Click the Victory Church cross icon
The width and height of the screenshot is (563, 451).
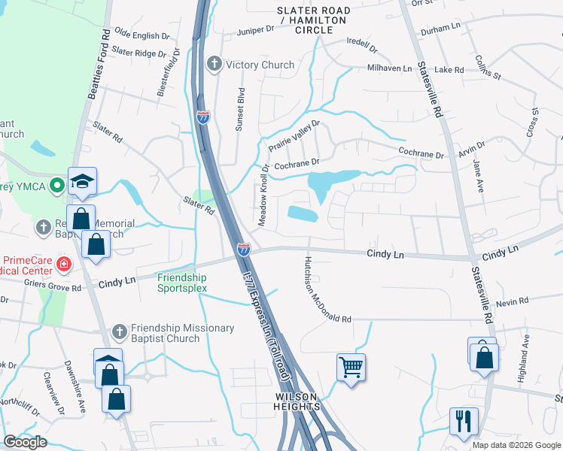pyautogui.click(x=215, y=65)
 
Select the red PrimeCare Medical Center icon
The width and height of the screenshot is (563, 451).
pyautogui.click(x=64, y=265)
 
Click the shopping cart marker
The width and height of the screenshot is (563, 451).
pyautogui.click(x=351, y=368)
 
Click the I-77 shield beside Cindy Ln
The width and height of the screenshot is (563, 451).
pyautogui.click(x=244, y=250)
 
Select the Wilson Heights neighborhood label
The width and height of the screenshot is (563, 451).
pyautogui.click(x=297, y=401)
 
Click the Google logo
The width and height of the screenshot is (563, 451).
pyautogui.click(x=25, y=442)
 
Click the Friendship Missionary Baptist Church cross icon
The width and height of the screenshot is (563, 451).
pyautogui.click(x=120, y=331)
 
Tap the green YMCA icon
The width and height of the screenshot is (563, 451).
pyautogui.click(x=56, y=186)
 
